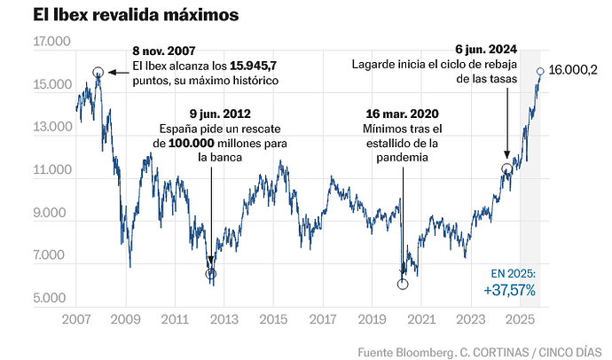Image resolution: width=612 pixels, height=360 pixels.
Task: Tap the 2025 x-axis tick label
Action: point(519,317)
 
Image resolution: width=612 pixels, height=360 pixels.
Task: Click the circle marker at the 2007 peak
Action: point(98,71)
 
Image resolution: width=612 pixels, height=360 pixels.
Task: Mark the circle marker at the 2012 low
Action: point(210,274)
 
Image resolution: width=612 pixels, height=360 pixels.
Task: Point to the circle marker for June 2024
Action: point(506,168)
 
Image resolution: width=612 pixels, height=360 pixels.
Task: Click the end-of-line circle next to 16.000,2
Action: point(540,70)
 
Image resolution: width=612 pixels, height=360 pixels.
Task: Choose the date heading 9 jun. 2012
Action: point(219,113)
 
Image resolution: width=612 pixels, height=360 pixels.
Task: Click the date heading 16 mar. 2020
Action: point(401,113)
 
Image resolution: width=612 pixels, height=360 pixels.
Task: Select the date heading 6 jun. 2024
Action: point(484,49)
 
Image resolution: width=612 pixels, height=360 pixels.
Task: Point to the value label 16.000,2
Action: point(573,70)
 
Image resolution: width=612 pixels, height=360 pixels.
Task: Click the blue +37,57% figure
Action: point(509,289)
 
